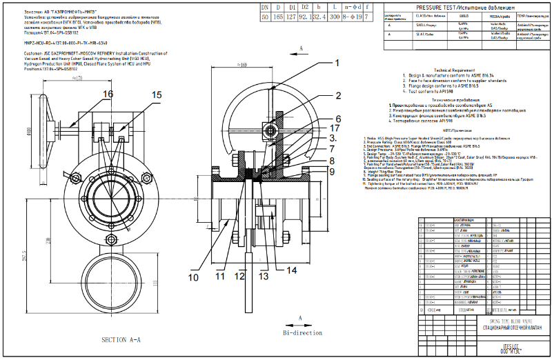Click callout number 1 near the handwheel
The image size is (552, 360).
[337, 62]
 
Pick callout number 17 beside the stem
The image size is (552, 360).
[335, 128]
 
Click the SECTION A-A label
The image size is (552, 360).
[121, 340]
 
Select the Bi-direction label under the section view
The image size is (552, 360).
[302, 332]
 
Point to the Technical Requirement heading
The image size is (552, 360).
[454, 70]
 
